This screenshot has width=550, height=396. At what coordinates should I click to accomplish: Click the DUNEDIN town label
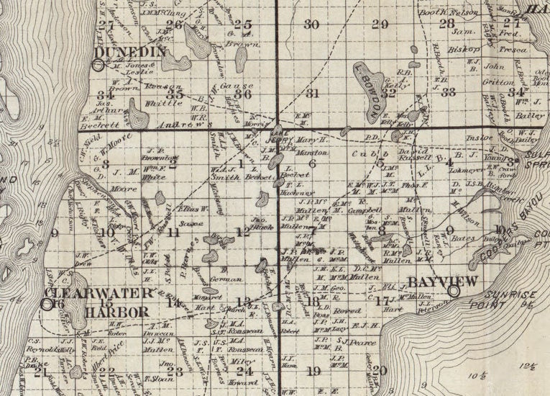tap(130, 51)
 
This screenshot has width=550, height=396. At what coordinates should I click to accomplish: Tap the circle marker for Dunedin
tap(98, 65)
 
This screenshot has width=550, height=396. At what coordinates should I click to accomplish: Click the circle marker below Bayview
tap(453, 291)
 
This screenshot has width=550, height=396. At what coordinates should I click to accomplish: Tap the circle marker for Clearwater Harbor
tap(47, 304)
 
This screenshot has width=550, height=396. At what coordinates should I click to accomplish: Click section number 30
tap(311, 24)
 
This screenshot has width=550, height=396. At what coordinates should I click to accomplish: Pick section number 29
tap(380, 24)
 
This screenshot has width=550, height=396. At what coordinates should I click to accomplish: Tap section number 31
tap(312, 94)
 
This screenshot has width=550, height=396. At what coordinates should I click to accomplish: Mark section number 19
tap(313, 371)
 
